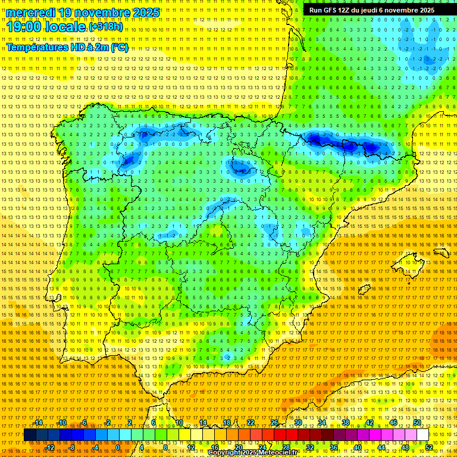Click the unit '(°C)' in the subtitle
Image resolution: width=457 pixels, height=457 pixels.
point(119,48)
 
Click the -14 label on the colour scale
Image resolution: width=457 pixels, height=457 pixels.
point(38,422)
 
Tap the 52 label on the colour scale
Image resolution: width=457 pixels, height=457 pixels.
point(428,447)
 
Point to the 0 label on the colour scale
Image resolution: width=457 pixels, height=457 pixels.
point(118,447)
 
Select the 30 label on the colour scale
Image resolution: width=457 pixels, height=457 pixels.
point(298,422)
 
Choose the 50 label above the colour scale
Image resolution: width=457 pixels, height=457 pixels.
point(417,422)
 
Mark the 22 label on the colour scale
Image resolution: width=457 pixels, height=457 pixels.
point(250,422)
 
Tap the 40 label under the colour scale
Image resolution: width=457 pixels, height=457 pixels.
point(357,447)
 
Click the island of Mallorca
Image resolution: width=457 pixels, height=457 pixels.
point(411,262)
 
